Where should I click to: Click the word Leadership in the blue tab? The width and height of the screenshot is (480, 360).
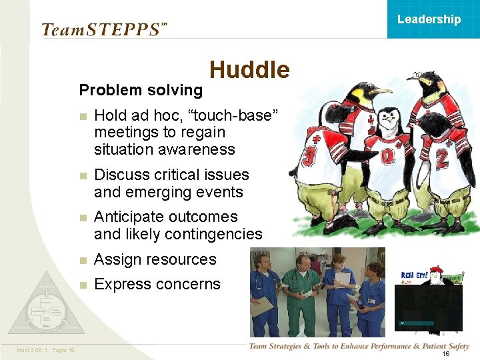coord(429,19)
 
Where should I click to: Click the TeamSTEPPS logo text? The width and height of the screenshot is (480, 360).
coord(100,30)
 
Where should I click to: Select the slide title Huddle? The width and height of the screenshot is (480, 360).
coord(249,70)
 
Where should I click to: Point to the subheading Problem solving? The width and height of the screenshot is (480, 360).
coord(141,90)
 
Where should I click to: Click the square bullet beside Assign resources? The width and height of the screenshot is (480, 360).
coord(82,260)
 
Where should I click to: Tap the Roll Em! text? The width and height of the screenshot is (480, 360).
coord(414,275)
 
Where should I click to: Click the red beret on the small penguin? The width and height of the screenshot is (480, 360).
coord(437,269)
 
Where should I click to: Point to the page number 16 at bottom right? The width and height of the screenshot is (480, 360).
coord(446,353)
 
